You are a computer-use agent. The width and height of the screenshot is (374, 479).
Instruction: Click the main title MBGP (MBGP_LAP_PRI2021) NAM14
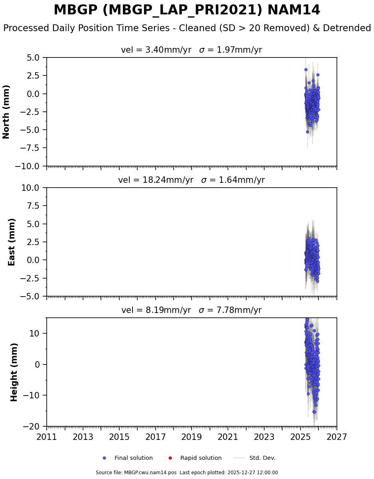[x=187, y=10]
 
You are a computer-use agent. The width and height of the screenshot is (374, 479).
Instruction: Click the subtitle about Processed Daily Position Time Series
[x=187, y=28]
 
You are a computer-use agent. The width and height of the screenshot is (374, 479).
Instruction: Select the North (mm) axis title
[x=6, y=111]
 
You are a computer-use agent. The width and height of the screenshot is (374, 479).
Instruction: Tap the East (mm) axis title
[x=12, y=242]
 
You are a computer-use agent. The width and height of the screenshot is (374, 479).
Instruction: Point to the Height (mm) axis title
[x=14, y=372]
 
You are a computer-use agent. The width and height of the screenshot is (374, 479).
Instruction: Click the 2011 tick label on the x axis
[x=47, y=437]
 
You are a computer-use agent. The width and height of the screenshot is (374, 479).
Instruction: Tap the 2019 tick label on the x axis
[x=192, y=437]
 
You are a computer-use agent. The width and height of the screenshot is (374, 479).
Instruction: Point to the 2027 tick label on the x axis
[x=336, y=437]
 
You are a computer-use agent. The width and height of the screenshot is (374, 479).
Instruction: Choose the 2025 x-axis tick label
[x=300, y=437]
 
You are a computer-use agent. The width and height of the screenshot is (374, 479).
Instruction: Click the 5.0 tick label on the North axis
[x=34, y=57]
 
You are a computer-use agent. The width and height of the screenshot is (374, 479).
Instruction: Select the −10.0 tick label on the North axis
[x=28, y=166]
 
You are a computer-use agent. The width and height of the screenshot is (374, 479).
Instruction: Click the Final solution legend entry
[x=133, y=458]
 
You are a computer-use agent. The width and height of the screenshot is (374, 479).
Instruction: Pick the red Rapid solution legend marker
[x=170, y=458]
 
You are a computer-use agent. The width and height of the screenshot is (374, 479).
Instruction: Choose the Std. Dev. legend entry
[x=262, y=458]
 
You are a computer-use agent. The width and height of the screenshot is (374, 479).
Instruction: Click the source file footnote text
[x=187, y=473]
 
